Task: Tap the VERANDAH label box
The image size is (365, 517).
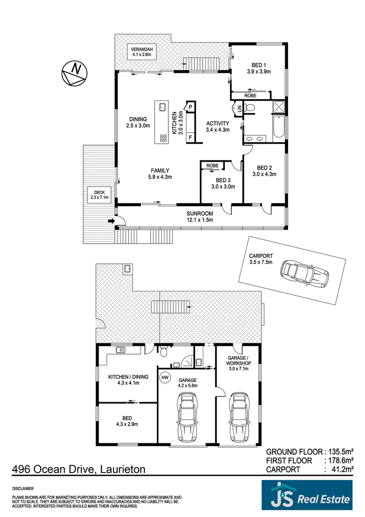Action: (x=142, y=52)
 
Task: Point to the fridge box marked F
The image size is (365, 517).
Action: (x=190, y=138)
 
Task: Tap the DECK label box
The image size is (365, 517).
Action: (x=100, y=195)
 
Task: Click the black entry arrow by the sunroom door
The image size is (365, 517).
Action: (x=111, y=221)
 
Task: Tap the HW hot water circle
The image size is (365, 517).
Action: (x=166, y=377)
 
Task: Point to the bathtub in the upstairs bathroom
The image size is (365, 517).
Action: (x=278, y=128)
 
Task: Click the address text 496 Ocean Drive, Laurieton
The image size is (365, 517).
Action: (x=78, y=470)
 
